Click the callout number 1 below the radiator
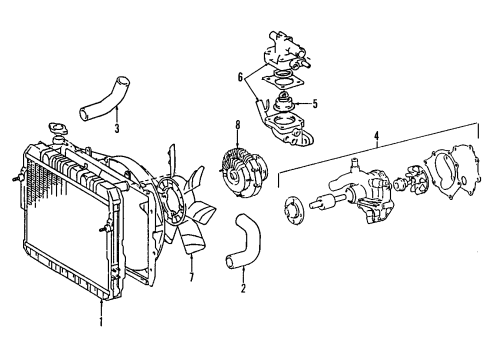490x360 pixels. click(101, 322)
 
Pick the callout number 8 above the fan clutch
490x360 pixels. click(237, 125)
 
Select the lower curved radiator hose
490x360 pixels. click(245, 240)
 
